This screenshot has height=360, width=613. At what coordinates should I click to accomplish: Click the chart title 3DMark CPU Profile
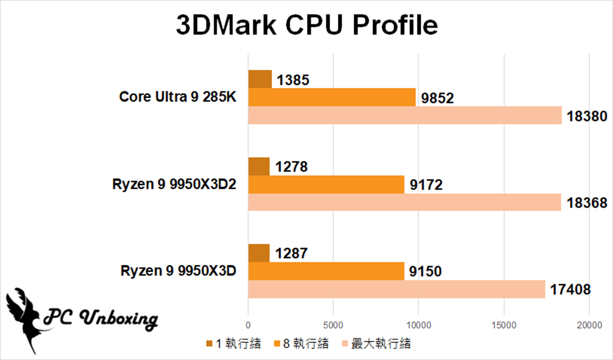(x=306, y=26)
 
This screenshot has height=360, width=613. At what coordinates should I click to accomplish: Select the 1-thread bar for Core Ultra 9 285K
(x=260, y=79)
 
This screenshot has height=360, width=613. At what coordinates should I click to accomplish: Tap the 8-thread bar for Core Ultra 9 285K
(x=332, y=97)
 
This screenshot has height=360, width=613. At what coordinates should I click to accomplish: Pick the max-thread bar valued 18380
(x=405, y=115)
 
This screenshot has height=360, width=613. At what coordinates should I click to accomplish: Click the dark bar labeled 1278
(x=259, y=166)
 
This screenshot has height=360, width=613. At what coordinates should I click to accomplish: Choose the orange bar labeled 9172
(x=326, y=184)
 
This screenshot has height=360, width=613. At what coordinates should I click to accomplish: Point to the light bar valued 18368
(x=405, y=202)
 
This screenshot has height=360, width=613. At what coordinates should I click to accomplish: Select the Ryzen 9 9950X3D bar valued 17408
(x=396, y=289)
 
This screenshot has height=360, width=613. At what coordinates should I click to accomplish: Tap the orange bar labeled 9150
(x=326, y=271)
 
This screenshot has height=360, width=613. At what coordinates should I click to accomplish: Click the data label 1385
(x=293, y=80)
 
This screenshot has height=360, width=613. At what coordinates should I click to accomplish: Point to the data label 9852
(x=437, y=98)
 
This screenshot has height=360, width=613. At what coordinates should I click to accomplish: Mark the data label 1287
(x=291, y=254)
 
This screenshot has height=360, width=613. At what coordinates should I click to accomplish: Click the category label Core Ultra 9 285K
(x=178, y=97)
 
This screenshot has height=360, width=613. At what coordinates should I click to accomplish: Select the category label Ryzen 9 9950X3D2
(x=175, y=184)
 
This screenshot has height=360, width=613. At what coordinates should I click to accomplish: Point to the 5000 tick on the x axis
(x=333, y=325)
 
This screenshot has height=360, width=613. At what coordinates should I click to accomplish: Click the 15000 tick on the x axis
(x=503, y=325)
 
